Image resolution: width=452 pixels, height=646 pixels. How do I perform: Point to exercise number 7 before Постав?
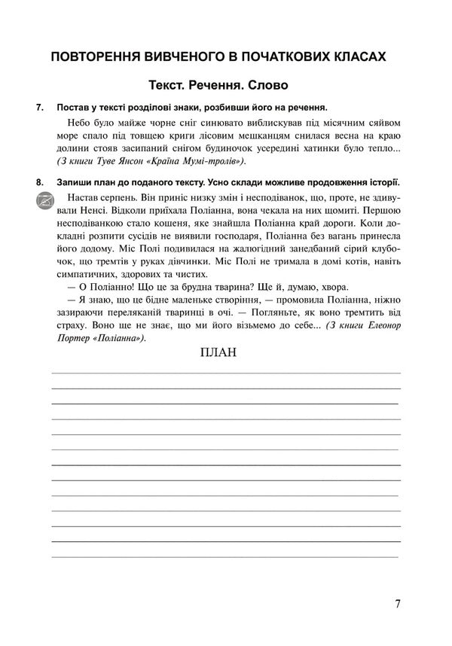pos(40,108)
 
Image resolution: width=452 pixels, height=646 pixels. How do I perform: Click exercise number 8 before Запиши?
pos(40,183)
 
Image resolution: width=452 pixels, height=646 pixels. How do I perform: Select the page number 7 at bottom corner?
pos(397,604)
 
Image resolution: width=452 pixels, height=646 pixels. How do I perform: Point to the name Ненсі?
pos(95,212)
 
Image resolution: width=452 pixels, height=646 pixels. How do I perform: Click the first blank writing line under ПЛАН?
pos(224,373)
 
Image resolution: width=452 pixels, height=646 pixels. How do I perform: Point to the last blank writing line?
pos(224,556)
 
